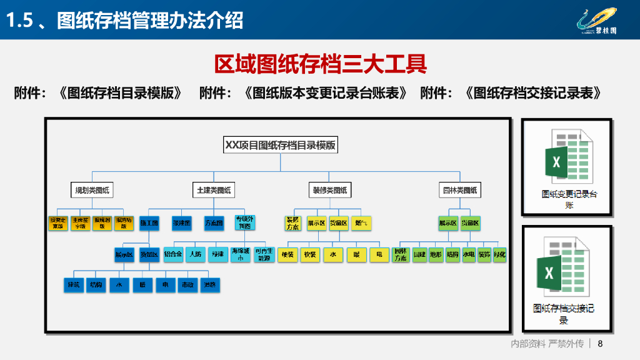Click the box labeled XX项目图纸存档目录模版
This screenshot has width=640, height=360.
(280, 146)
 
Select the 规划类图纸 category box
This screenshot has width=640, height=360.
(93, 190)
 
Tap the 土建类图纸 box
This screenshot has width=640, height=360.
(214, 190)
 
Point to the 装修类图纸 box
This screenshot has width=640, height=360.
(330, 190)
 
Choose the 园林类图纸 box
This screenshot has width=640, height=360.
(459, 190)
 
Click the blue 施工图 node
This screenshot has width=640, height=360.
(149, 222)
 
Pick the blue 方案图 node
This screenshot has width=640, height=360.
(214, 222)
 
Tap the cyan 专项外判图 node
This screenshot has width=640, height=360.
(244, 222)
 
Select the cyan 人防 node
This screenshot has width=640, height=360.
(195, 255)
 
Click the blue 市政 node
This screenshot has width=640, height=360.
(187, 286)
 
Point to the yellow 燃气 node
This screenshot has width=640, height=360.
(361, 222)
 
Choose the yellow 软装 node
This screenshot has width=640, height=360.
(309, 255)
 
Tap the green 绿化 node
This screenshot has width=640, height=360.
(499, 255)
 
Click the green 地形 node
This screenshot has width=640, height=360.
(436, 255)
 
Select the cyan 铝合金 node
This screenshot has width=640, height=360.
(172, 255)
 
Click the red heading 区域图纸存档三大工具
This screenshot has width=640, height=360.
(320, 64)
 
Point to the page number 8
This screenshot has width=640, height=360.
(601, 344)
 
